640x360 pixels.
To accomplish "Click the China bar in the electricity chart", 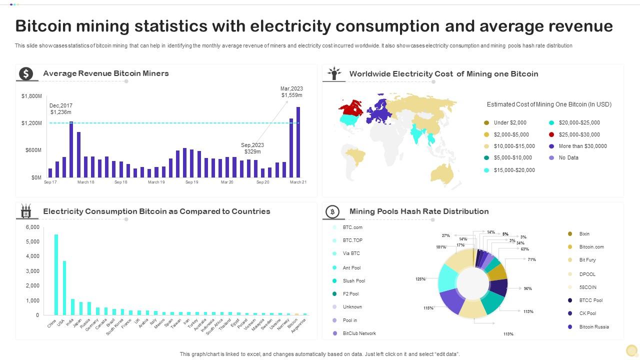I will tap(56, 274).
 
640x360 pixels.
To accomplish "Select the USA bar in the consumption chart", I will tap(64, 287).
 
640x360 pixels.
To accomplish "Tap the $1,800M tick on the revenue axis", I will tap(31, 96).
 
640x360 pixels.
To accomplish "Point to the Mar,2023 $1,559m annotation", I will tap(291, 92).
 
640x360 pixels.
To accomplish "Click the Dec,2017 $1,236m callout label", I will tap(61, 109).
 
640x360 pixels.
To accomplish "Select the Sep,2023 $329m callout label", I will tap(252, 148).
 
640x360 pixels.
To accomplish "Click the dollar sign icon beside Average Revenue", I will tap(26, 74).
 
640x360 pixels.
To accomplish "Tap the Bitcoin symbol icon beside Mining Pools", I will tap(332, 212).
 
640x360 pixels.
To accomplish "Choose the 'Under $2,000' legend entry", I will tap(509, 122).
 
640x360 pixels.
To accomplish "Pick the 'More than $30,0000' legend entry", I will tap(582, 146).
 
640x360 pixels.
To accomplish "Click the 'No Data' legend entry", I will tap(568, 157).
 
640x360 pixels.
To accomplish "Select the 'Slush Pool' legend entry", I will tap(353, 281).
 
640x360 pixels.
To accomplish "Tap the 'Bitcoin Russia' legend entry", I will tap(594, 327).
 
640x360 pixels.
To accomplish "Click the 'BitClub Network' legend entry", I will tap(359, 333).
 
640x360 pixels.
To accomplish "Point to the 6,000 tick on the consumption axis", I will tap(32, 227).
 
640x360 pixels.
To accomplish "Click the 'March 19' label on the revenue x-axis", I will tap(156, 182).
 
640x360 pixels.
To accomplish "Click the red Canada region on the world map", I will tap(351, 107).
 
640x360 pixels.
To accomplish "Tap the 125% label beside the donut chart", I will tap(420, 279).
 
